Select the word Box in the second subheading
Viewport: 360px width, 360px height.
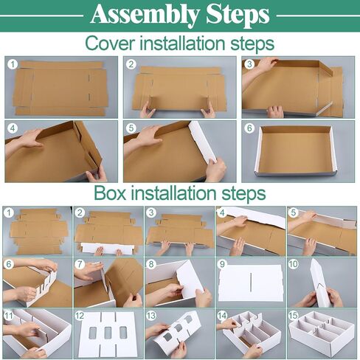(x=110, y=193)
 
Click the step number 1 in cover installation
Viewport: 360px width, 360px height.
(x=13, y=64)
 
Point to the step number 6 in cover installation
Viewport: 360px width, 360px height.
(x=249, y=128)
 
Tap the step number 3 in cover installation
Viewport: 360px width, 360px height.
(x=249, y=64)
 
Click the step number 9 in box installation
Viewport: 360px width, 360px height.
(x=222, y=264)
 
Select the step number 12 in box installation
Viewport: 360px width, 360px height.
(x=80, y=316)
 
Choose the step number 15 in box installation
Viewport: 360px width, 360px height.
(x=294, y=316)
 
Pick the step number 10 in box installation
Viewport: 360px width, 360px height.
(x=294, y=264)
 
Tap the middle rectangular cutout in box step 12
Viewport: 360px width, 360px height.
(x=108, y=333)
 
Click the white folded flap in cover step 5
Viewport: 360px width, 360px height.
(x=203, y=142)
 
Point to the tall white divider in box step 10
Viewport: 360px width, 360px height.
(x=320, y=283)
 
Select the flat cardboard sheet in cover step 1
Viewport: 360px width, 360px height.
(x=61, y=89)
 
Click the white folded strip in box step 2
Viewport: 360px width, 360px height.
(x=108, y=248)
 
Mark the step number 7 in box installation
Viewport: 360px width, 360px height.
(x=80, y=264)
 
